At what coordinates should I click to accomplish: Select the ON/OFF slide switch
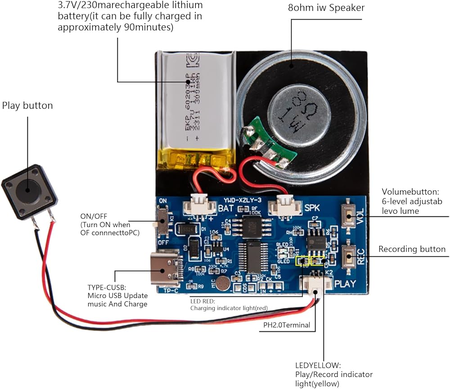pyautogui.click(x=162, y=224)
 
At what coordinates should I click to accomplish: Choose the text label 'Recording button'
pyautogui.click(x=412, y=249)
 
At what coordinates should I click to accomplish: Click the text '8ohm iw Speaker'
pyautogui.click(x=326, y=8)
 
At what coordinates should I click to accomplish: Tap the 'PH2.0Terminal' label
pyautogui.click(x=287, y=325)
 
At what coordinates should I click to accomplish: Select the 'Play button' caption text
pyautogui.click(x=27, y=105)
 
